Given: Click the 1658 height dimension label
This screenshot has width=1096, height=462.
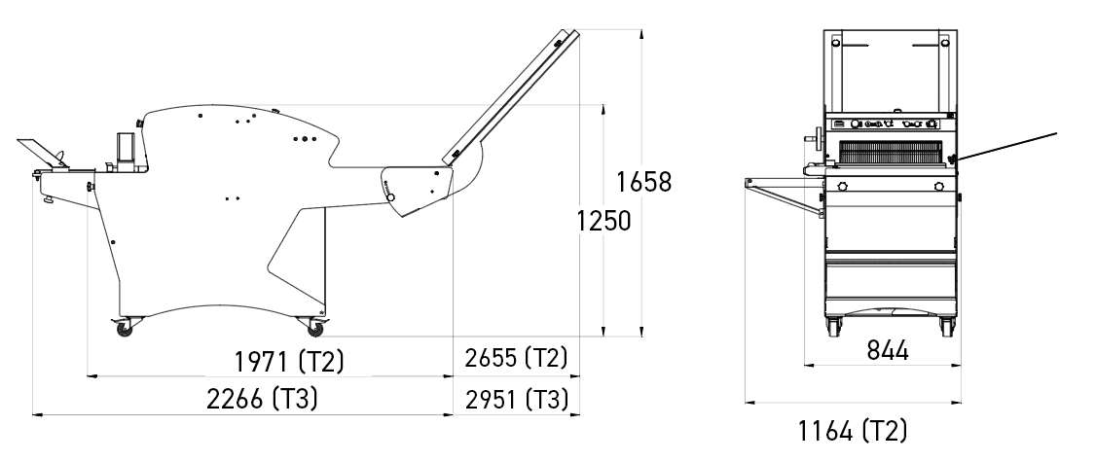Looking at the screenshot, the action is pos(643,182).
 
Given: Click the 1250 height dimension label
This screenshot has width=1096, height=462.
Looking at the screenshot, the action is pos(603,221).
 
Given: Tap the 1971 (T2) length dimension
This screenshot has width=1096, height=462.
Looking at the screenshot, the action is pos(289,362).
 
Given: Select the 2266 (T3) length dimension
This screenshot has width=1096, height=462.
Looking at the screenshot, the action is pos(262,399).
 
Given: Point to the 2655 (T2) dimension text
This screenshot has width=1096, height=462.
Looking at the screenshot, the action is pos(517,358).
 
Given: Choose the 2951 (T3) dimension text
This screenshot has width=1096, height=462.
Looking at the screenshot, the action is pos(517,400).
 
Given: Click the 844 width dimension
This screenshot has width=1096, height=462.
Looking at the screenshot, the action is pos(888,350).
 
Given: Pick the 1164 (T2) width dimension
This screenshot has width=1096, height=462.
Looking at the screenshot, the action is pos(853,431).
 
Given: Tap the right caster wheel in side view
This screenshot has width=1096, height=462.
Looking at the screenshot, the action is pos(315,328).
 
